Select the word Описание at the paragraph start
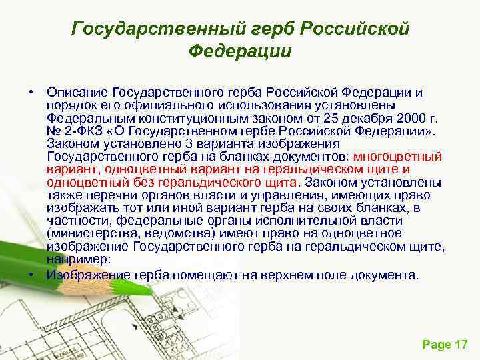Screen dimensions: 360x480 [77, 91]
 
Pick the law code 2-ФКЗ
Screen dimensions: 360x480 [85, 131]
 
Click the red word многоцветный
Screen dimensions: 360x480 [398, 157]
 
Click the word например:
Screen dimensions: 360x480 [79, 259]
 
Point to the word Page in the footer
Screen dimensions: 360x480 [435, 344]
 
